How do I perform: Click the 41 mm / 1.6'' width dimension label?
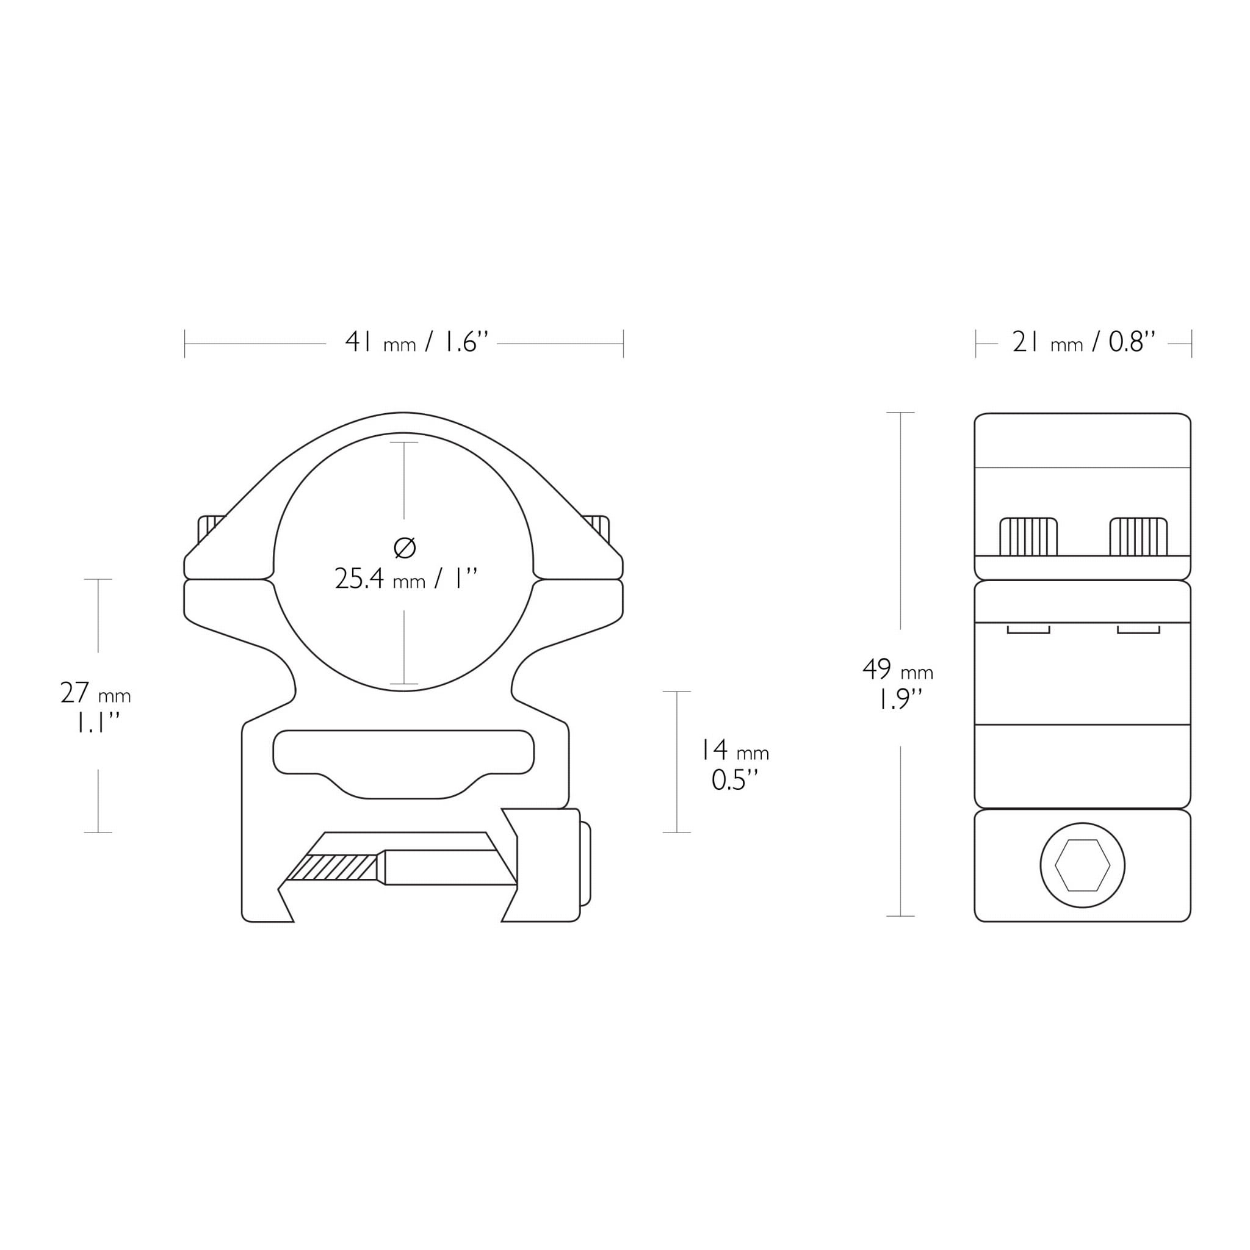(x=416, y=342)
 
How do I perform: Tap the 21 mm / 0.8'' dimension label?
(x=1084, y=342)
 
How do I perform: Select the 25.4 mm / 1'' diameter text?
(x=406, y=579)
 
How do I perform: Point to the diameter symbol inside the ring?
(x=405, y=547)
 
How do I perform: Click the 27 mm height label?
(x=96, y=693)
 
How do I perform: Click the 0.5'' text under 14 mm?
(x=734, y=779)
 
